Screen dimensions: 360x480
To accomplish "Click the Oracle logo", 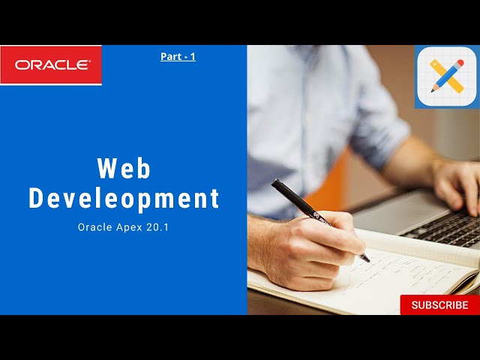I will tap(51, 65).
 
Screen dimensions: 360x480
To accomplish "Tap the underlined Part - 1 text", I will tap(178, 56).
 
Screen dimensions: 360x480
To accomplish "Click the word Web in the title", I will tap(124, 168).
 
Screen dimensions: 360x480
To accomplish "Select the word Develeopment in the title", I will tap(124, 199).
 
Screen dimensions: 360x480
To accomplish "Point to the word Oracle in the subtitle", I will tap(94, 227).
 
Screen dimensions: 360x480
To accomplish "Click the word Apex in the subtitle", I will tap(132, 227).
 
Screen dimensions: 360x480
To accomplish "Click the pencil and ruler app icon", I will tap(447, 76).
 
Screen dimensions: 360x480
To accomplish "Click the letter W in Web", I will tap(106, 168).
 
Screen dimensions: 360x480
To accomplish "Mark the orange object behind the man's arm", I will tap(337, 180).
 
